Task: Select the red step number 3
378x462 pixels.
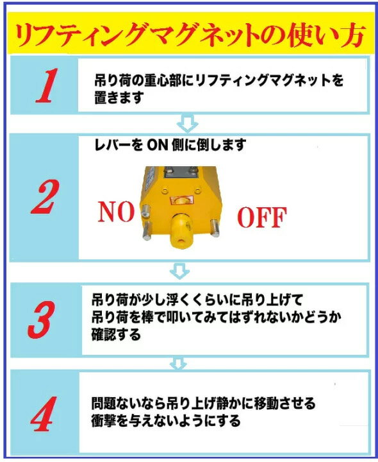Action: point(42,320)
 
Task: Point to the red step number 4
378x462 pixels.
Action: point(44,414)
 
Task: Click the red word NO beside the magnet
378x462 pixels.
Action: point(116,212)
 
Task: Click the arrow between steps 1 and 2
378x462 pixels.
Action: point(187,123)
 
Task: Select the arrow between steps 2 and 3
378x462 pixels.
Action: point(179,271)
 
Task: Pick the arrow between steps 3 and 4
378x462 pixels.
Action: point(178,364)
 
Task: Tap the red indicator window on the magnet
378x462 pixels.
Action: point(181,200)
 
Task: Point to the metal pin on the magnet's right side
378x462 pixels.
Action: point(215,228)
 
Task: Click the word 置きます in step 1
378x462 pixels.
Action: point(119,98)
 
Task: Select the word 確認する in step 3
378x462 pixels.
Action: point(116,335)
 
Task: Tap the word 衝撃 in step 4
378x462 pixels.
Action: point(104,420)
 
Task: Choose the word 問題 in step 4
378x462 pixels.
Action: point(104,403)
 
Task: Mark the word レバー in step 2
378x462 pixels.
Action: point(113,144)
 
